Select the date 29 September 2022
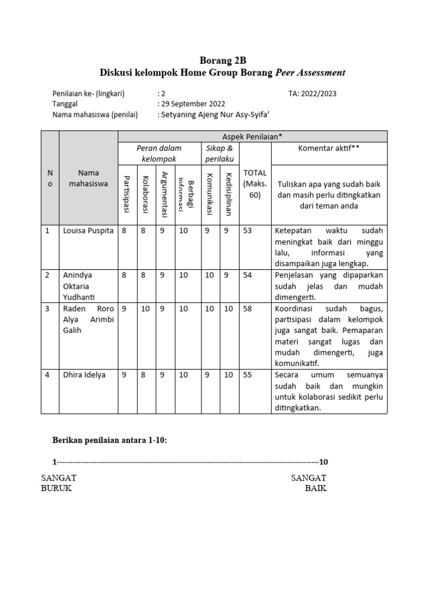(192, 104)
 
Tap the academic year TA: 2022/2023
(312, 93)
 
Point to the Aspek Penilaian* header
(252, 136)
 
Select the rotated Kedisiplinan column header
(229, 194)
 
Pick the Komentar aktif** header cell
(329, 148)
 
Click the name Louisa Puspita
(88, 231)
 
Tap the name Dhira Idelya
(84, 375)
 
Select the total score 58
(248, 309)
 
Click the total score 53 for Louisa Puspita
(248, 231)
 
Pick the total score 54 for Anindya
(248, 275)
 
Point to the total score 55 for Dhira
(248, 375)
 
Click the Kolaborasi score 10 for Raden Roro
(146, 309)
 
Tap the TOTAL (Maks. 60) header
(255, 184)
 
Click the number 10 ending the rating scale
(323, 462)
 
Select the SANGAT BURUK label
(58, 483)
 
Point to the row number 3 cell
(48, 309)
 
